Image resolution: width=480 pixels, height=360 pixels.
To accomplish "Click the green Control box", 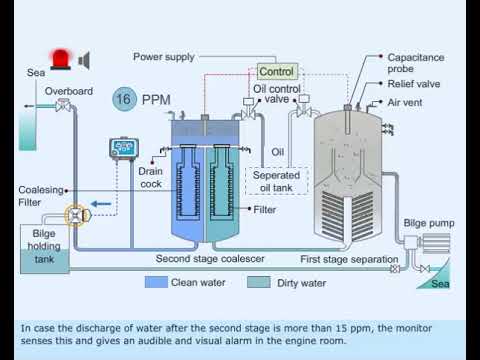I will (x=276, y=72).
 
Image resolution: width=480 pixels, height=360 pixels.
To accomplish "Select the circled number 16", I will (x=124, y=99).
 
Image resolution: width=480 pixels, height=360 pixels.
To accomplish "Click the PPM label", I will (x=157, y=100).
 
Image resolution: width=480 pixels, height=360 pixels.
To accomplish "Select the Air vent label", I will (x=404, y=103).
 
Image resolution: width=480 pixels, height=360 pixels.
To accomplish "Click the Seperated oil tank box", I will (x=275, y=181).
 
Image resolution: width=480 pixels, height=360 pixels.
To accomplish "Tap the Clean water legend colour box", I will (x=155, y=283).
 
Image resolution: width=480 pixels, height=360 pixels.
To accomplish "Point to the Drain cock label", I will (x=149, y=176).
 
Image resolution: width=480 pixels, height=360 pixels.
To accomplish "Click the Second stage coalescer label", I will (x=209, y=259).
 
